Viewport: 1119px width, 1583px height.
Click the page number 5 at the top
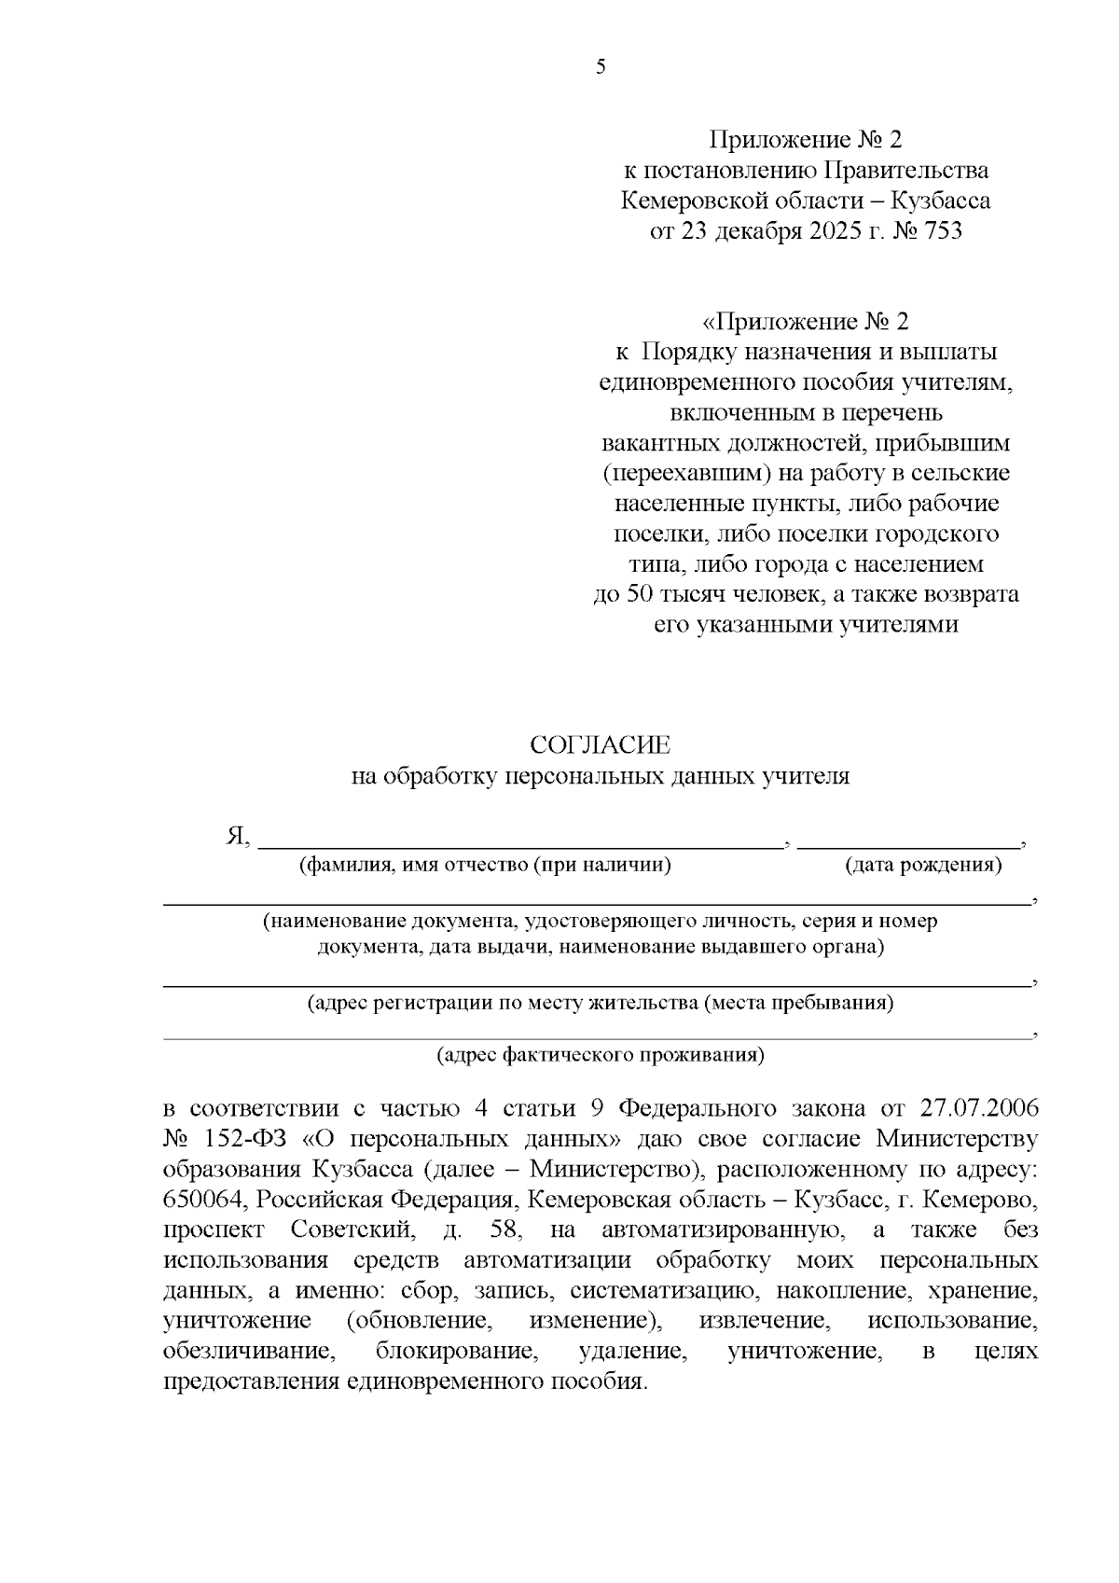coord(601,66)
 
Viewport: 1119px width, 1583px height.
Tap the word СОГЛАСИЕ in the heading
coord(600,745)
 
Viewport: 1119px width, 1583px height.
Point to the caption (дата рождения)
coord(923,866)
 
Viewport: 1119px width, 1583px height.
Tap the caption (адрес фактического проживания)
coord(601,1056)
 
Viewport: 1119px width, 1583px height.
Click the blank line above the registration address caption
coord(597,985)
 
